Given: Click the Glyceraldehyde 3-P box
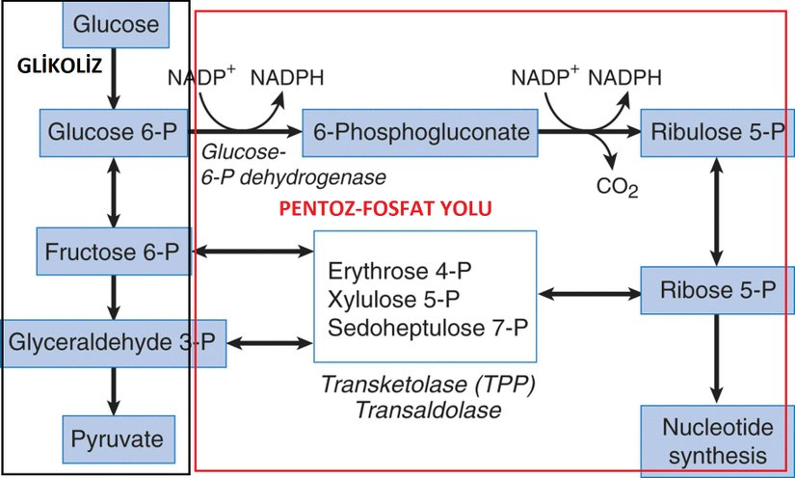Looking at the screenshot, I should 114,342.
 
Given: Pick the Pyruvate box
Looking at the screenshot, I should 113,439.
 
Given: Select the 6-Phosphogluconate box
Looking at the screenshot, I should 421,133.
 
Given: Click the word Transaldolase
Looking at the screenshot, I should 428,409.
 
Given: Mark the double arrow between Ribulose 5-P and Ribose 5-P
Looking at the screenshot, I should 714,211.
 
